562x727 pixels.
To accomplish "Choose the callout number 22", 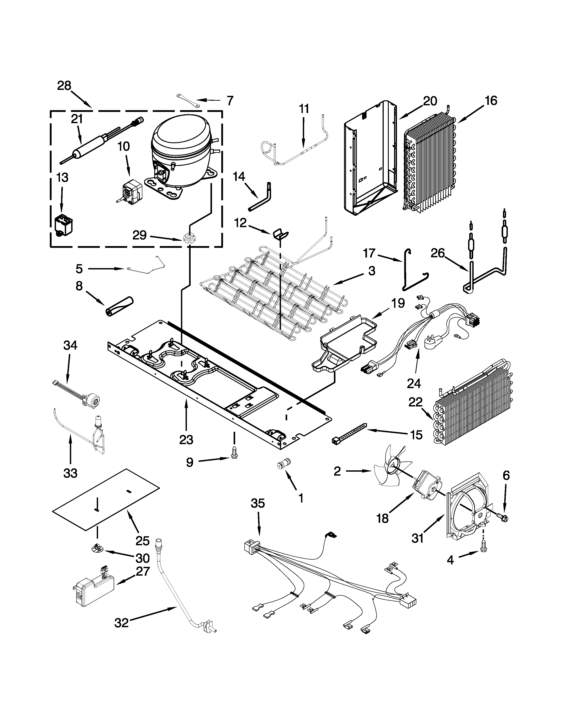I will [415, 402].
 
